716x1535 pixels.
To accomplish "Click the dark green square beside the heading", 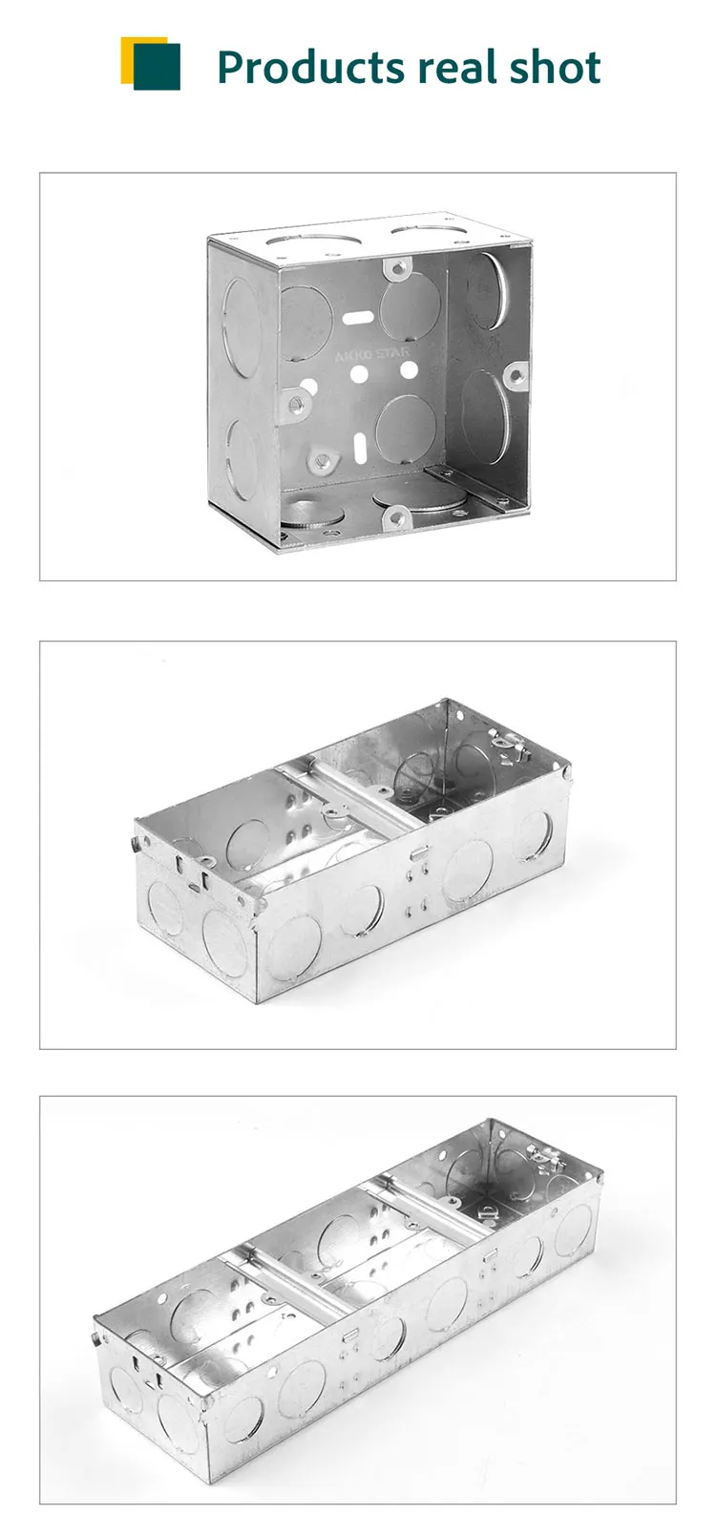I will pyautogui.click(x=158, y=67).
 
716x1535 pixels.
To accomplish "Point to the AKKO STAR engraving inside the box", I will pyautogui.click(x=370, y=355).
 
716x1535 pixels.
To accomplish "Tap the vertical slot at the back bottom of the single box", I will pyautogui.click(x=361, y=446).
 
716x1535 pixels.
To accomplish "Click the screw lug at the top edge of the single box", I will pyautogui.click(x=395, y=268).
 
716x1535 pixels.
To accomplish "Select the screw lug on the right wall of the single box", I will pyautogui.click(x=516, y=376).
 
